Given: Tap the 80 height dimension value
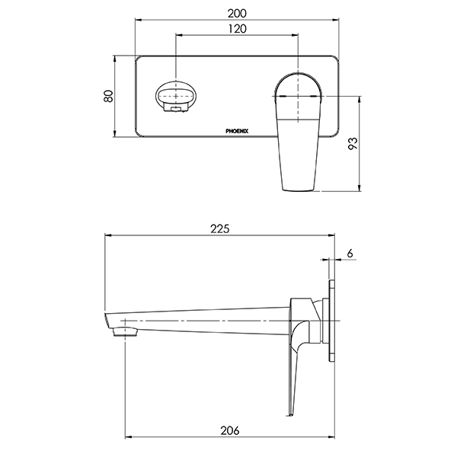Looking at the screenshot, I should coord(109,97).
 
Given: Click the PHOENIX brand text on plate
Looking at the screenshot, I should coord(241,132).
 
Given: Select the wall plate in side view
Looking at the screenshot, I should coord(332,321).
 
